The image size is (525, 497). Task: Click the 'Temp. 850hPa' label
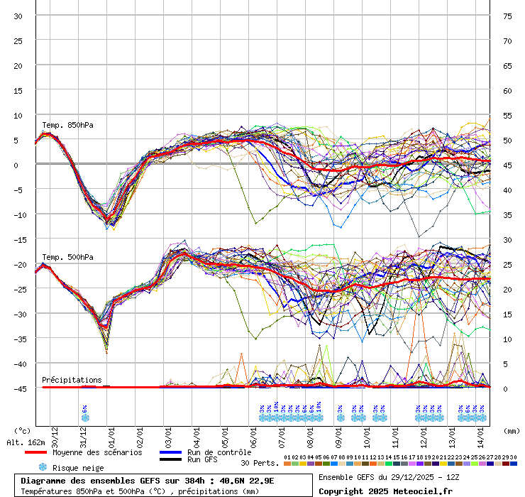pos(67,126)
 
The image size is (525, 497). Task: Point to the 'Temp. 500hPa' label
pos(67,257)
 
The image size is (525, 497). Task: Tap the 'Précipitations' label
pos(72,380)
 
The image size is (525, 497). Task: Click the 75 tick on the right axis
pos(507,16)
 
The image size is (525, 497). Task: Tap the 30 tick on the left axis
pos(18,16)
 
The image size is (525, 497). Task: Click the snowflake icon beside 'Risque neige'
pos(43,468)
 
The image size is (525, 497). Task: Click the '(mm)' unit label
pos(512,430)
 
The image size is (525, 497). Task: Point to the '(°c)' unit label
pos(22,430)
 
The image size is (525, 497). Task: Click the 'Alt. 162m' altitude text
pos(25,442)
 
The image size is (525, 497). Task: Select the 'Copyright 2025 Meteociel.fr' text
pos(385,491)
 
